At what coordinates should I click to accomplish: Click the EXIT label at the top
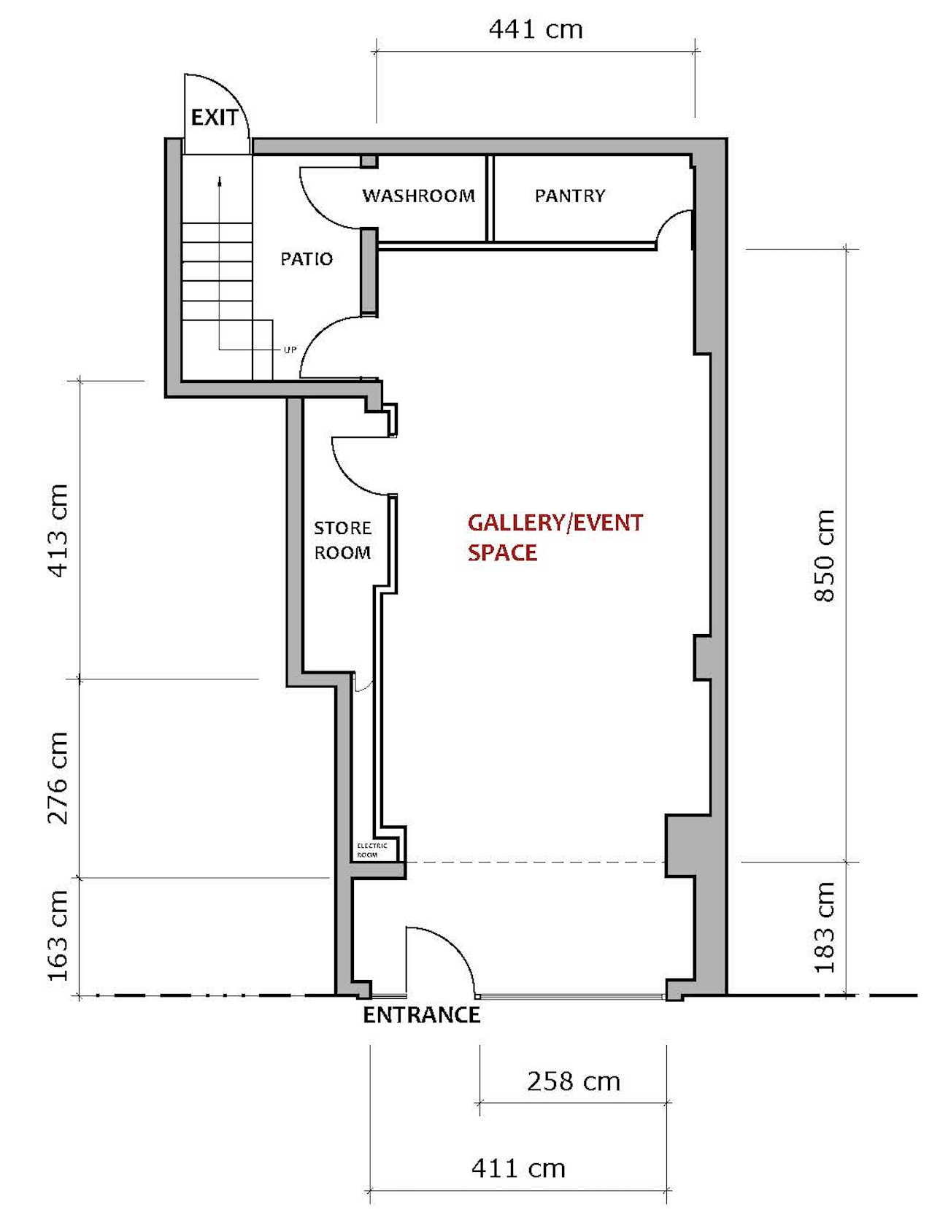[x=215, y=117]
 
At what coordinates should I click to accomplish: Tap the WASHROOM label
[x=419, y=196]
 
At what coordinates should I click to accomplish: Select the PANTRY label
[x=570, y=196]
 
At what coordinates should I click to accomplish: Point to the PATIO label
[x=307, y=259]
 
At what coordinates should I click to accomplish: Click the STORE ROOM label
[x=342, y=540]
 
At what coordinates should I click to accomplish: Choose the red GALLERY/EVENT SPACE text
[x=555, y=538]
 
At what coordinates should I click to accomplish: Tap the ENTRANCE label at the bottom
[x=422, y=1015]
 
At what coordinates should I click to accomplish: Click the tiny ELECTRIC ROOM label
[x=372, y=850]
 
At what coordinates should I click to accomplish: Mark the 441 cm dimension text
[x=536, y=30]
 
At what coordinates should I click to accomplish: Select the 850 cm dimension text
[x=824, y=555]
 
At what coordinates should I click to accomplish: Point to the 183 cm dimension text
[x=824, y=927]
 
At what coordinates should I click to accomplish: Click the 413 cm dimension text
[x=58, y=531]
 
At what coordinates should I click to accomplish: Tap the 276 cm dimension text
[x=58, y=778]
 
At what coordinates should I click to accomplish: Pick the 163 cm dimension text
[x=58, y=935]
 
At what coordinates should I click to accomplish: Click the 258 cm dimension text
[x=574, y=1081]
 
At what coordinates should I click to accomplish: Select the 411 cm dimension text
[x=518, y=1168]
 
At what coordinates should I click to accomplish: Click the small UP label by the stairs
[x=290, y=350]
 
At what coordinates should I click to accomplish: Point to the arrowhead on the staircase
[x=219, y=181]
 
